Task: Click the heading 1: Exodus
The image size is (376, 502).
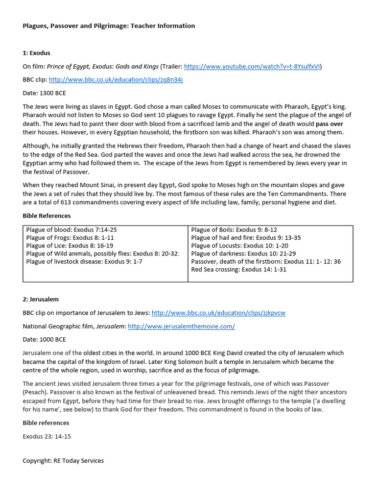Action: pyautogui.click(x=36, y=53)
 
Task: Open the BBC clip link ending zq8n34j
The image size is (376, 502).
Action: pyautogui.click(x=116, y=79)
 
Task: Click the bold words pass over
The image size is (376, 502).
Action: pyautogui.click(x=329, y=124)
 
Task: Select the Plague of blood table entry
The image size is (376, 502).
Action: pyautogui.click(x=71, y=229)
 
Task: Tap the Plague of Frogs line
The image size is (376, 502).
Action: pyautogui.click(x=70, y=237)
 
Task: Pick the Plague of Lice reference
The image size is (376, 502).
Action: pyautogui.click(x=70, y=246)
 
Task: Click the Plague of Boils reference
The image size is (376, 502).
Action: pyautogui.click(x=234, y=229)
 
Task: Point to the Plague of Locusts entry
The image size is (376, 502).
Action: pyautogui.click(x=239, y=246)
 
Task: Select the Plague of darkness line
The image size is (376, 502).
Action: pyautogui.click(x=243, y=253)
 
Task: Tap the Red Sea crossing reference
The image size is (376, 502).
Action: pyautogui.click(x=238, y=270)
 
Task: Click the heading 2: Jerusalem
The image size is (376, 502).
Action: pyautogui.click(x=41, y=299)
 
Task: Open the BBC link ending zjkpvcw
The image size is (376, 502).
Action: pyautogui.click(x=218, y=313)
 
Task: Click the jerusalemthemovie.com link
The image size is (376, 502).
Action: pyautogui.click(x=181, y=326)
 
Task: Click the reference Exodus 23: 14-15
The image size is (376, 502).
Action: pyautogui.click(x=47, y=436)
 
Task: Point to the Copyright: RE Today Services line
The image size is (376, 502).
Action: pyautogui.click(x=63, y=461)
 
